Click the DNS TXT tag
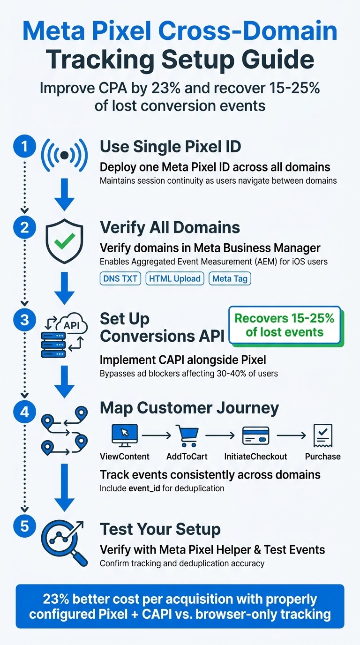120,278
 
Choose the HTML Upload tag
175,278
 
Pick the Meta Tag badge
230,278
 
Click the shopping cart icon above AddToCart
187,435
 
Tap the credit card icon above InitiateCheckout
255,435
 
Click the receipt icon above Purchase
323,435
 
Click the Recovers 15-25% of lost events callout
285,325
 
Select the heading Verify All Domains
170,228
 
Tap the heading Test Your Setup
160,529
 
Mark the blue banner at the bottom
180,606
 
